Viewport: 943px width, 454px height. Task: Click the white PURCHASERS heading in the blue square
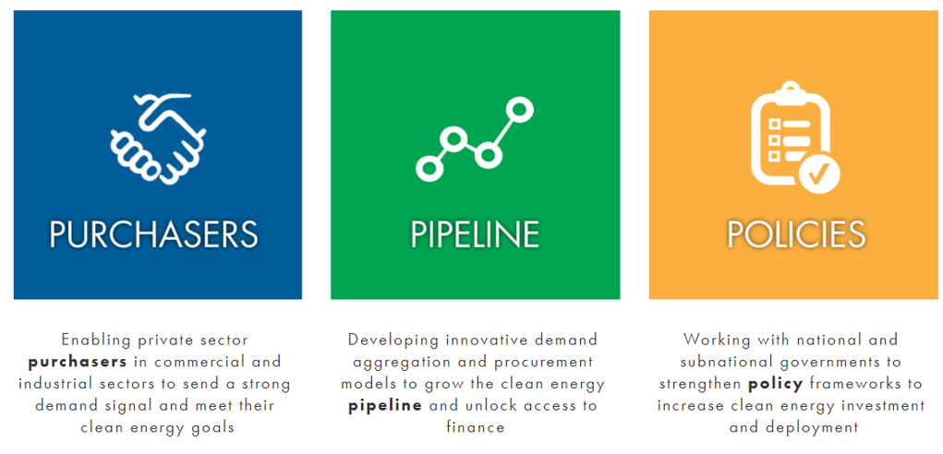[153, 234]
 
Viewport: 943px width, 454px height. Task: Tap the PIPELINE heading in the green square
[475, 234]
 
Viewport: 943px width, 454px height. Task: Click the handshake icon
[158, 138]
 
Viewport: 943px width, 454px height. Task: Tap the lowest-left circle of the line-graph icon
[429, 168]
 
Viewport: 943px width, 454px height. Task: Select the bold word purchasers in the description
[78, 363]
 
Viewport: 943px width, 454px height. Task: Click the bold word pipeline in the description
[385, 406]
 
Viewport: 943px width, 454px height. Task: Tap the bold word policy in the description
[775, 384]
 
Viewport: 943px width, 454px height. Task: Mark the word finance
[475, 427]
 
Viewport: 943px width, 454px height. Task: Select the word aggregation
[393, 363]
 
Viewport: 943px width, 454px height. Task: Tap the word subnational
[700, 362]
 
